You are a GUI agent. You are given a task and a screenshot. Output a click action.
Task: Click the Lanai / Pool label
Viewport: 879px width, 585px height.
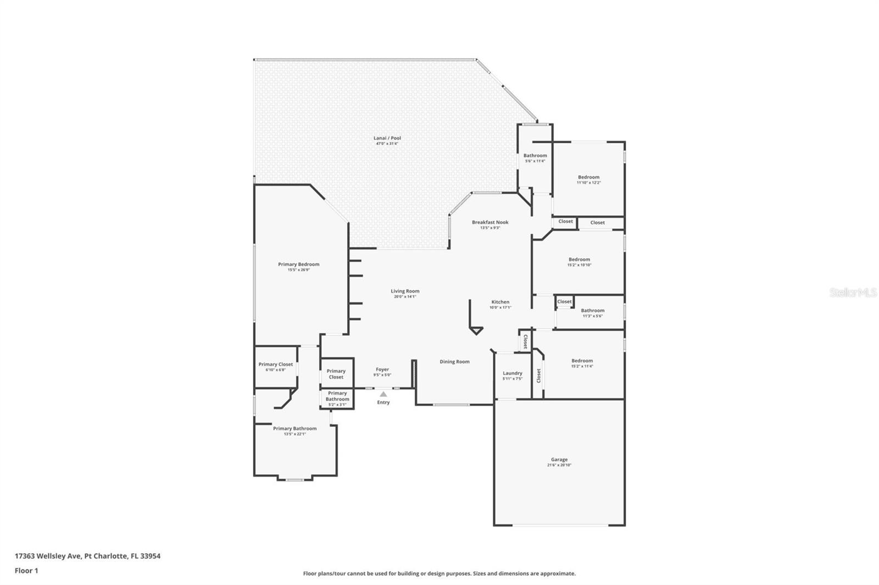point(387,138)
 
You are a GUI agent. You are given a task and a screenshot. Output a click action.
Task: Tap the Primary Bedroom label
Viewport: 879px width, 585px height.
point(298,265)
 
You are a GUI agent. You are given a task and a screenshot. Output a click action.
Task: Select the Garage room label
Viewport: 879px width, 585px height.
point(559,460)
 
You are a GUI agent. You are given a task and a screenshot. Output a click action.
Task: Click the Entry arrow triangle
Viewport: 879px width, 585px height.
point(383,394)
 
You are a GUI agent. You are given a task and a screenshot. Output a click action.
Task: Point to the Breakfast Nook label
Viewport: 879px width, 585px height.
point(490,222)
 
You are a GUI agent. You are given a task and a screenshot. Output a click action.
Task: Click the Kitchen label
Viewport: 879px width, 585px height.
point(500,302)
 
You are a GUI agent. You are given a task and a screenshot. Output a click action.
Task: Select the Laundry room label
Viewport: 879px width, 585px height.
point(513,373)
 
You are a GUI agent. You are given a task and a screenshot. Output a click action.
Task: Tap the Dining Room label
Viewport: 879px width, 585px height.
point(454,362)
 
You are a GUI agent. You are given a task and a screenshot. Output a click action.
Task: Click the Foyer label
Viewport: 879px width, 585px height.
point(382,369)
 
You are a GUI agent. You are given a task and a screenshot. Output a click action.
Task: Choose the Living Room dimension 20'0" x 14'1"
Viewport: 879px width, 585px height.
point(405,297)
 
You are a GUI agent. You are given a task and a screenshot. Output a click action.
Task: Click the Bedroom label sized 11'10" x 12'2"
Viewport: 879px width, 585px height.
point(588,177)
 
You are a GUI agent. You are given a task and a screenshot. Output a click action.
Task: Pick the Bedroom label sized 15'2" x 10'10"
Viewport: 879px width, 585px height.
point(579,260)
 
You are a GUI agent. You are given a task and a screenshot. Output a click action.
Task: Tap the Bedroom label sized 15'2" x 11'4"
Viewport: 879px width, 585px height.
point(582,361)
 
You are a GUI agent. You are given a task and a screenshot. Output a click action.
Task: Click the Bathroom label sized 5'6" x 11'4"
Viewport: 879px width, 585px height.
point(535,156)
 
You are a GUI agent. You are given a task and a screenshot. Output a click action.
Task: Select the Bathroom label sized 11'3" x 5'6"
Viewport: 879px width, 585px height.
point(592,311)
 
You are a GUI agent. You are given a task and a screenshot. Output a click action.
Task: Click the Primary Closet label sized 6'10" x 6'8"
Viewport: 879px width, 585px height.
point(275,364)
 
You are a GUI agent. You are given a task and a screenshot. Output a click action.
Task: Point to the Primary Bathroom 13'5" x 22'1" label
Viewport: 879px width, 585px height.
point(294,429)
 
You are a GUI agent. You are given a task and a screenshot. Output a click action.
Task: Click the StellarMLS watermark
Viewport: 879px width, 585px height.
point(853,292)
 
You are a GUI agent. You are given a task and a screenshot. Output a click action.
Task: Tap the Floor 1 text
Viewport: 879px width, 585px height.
point(26,571)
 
